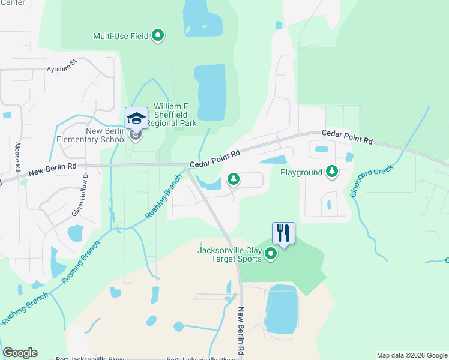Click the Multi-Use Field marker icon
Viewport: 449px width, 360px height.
[158, 36]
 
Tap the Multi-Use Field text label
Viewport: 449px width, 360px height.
[121, 36]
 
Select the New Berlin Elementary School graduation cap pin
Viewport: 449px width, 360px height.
[136, 117]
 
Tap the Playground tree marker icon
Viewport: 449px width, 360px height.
[331, 172]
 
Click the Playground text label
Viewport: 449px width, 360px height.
[301, 173]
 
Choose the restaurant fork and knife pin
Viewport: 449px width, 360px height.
[283, 233]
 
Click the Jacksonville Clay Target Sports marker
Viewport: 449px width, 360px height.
[271, 255]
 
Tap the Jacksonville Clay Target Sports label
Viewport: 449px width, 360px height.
[230, 255]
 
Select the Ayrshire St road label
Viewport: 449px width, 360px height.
[62, 65]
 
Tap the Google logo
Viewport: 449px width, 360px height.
[20, 353]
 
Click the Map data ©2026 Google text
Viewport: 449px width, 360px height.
[411, 355]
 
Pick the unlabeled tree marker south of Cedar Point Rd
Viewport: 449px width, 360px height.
[234, 179]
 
